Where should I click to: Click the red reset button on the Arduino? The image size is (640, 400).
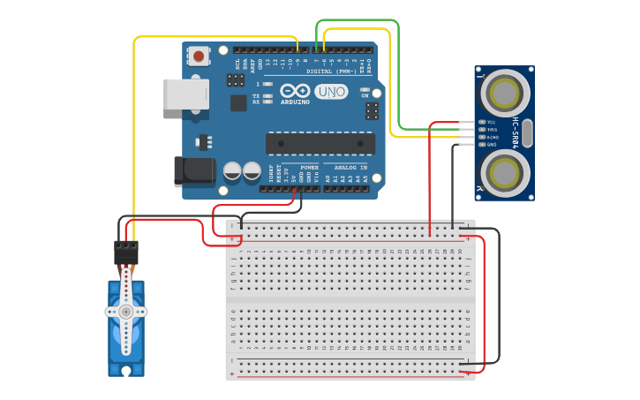(x=199, y=57)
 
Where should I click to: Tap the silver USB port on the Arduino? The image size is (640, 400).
(x=184, y=94)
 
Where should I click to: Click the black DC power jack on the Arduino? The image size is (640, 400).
(x=193, y=171)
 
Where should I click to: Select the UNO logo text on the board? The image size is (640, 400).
(x=332, y=92)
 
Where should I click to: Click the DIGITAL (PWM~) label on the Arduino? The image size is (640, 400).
(x=331, y=71)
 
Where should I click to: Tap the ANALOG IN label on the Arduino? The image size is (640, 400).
(x=350, y=167)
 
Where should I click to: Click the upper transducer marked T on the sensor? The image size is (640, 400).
(x=504, y=91)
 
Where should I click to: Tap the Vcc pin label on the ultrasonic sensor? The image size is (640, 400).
(x=492, y=123)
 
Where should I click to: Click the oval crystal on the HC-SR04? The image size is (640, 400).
(x=527, y=133)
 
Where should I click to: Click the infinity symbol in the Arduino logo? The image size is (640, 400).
(x=295, y=91)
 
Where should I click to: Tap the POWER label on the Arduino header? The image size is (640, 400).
(x=309, y=167)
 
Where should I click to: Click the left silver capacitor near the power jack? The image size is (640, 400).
(x=233, y=170)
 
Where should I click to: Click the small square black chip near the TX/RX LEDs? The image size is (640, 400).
(x=238, y=102)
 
